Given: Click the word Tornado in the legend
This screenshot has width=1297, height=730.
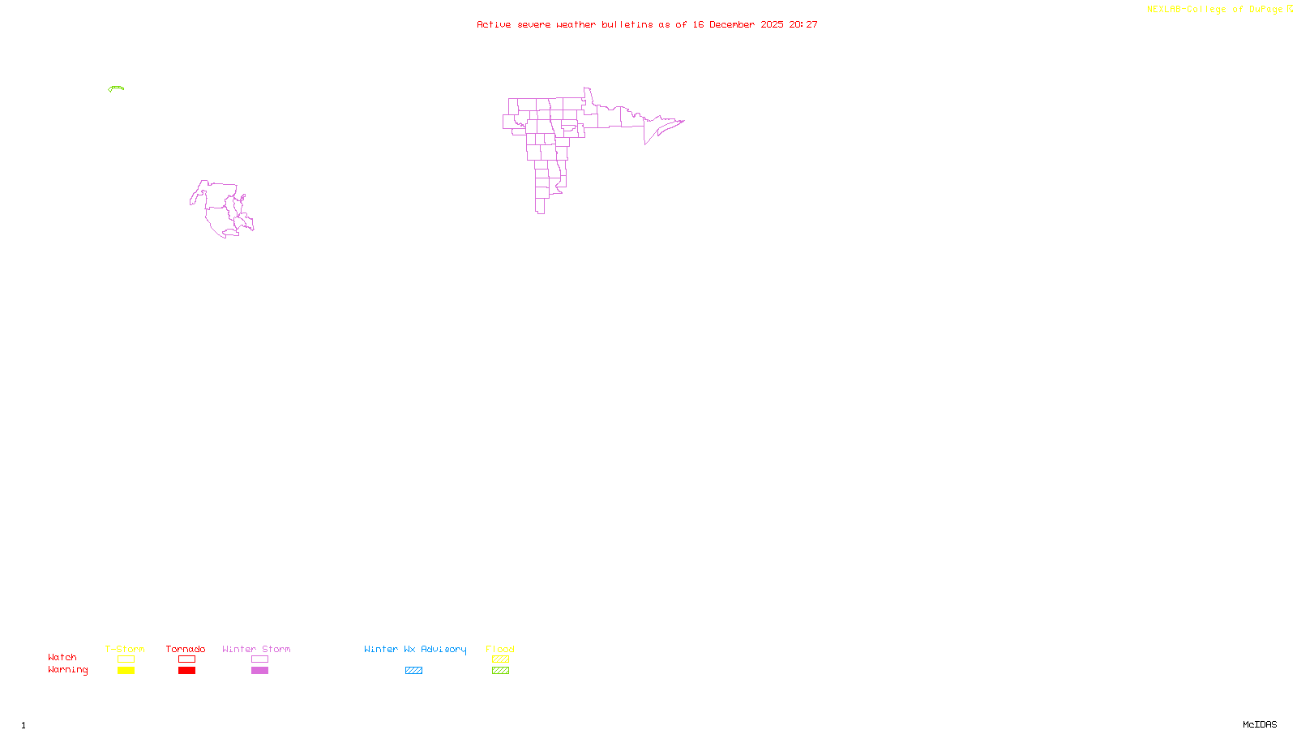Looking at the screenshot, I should point(186,649).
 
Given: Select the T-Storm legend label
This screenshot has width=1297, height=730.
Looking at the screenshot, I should point(125,649).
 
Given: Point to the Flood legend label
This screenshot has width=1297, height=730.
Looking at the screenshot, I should point(500,649).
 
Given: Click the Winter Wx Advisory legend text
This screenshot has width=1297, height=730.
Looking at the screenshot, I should point(415,649).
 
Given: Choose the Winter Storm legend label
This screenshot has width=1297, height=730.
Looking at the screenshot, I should point(256,649).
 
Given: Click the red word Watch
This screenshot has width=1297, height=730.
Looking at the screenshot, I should point(62,657).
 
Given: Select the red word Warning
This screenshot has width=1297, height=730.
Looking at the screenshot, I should point(68,670).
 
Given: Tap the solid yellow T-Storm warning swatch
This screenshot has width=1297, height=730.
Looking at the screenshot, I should point(126,671).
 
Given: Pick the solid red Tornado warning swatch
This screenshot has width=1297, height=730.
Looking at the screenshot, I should point(186,671).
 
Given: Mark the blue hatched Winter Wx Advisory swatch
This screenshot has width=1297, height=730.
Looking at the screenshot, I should point(413,671).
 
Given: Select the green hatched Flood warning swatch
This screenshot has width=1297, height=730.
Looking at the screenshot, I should point(500,671).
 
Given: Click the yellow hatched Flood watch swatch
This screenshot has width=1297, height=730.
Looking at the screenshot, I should point(500,659).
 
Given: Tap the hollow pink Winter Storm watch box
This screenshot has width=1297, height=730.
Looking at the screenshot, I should point(259,659).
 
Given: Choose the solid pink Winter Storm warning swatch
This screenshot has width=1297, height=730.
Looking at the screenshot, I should point(259,671).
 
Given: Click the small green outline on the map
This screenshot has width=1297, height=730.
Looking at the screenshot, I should point(116,88).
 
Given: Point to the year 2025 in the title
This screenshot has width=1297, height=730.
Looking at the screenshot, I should point(772,24).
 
